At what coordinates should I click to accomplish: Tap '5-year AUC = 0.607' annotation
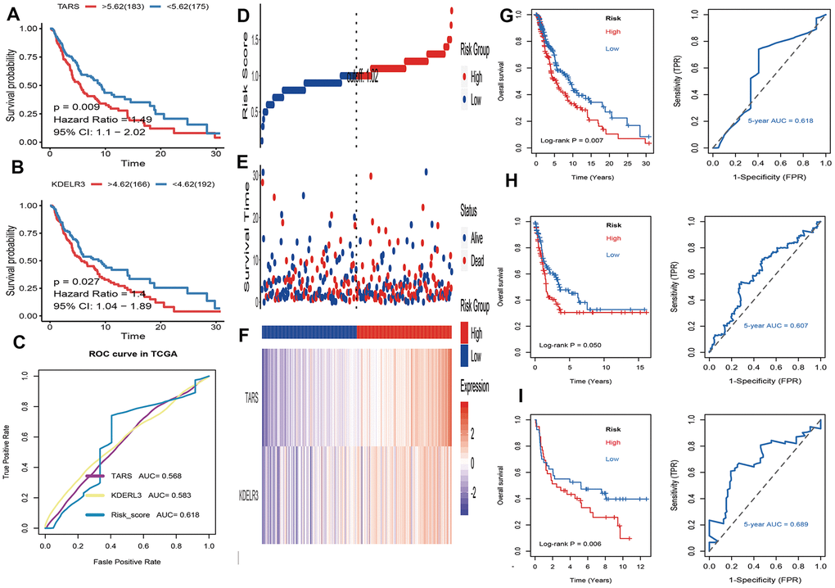[x=775, y=325]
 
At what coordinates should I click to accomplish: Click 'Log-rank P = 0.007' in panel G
[x=567, y=141]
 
